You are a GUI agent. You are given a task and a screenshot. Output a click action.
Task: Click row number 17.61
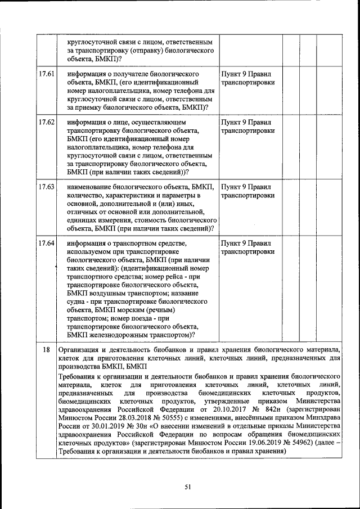(47, 74)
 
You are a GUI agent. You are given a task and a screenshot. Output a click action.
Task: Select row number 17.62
(47, 122)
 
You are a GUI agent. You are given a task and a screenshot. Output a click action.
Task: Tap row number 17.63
(47, 187)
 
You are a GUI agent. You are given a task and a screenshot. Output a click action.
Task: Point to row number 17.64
(47, 243)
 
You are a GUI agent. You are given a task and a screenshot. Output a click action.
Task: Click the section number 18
(47, 349)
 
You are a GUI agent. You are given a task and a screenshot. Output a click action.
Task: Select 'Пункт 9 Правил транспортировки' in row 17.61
(248, 78)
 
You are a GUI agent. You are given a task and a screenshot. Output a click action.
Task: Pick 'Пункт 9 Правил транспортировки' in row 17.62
(248, 126)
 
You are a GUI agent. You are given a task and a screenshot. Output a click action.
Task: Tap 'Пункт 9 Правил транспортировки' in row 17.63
(248, 191)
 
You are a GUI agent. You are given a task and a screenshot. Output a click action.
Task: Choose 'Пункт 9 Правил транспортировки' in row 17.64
(248, 247)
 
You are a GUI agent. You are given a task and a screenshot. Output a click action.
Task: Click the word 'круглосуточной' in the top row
(92, 42)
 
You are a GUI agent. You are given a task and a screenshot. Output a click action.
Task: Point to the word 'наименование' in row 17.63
(91, 187)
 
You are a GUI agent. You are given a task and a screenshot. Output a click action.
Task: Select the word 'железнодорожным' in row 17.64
(119, 335)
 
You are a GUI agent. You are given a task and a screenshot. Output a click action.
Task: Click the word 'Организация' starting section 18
(80, 349)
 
